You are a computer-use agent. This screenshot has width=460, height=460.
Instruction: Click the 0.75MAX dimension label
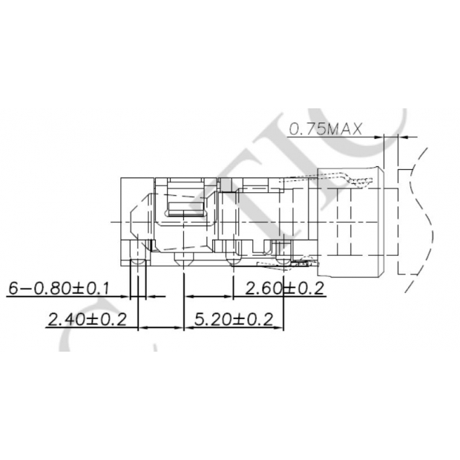[x=324, y=129]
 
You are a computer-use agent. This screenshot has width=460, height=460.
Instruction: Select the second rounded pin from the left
[x=183, y=260]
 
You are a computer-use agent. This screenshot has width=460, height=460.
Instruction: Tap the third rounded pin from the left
[x=233, y=260]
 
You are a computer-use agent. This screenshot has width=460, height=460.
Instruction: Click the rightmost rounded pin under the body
[x=283, y=260]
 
